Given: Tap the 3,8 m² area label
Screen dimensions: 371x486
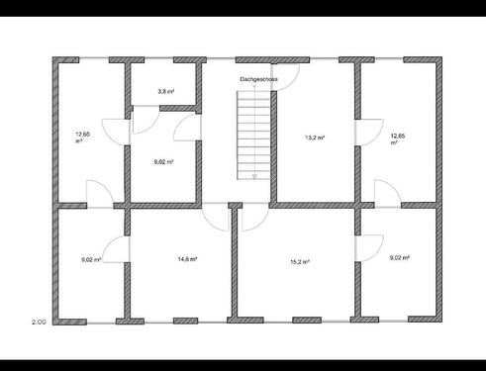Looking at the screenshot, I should [166, 92].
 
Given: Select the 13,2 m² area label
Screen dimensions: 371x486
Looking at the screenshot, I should [315, 139].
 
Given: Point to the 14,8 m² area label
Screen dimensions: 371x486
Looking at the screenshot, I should [187, 259].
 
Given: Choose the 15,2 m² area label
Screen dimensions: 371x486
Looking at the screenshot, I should [300, 261].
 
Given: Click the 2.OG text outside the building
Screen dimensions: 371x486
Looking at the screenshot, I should [39, 322].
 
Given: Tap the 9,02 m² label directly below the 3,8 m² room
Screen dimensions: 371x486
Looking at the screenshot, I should [164, 161].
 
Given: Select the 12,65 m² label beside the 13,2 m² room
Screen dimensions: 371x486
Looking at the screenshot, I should [398, 138].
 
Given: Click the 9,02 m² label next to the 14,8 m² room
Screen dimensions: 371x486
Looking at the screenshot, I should [91, 259].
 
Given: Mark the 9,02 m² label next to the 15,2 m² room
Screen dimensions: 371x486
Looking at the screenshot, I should [400, 257].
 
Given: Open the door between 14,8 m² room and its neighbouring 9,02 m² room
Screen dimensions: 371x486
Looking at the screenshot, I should [115, 250].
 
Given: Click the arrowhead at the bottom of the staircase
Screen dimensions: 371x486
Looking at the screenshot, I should [254, 176].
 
